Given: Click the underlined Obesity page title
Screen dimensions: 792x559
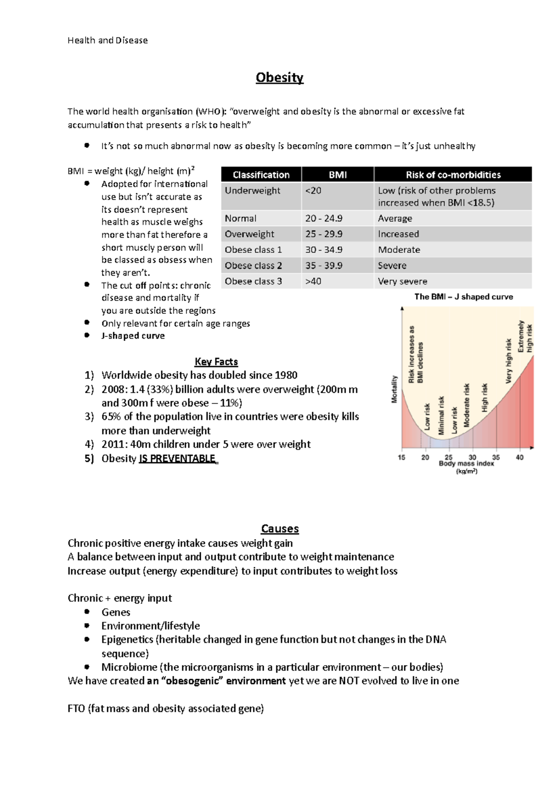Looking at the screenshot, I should pos(279,77).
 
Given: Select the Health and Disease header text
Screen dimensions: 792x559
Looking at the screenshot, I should pos(108,41).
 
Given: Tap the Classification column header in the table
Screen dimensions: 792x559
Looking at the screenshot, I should pos(261,175).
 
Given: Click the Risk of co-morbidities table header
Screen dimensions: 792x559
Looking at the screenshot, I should pos(453,175).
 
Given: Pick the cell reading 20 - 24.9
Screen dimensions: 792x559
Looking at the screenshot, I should pos(324,218).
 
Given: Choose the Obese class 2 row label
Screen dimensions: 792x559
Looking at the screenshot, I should pos(253,265).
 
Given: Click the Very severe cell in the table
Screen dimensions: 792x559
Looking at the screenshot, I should pos(402,281).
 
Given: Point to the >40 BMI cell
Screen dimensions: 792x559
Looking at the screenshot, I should pos(313,281).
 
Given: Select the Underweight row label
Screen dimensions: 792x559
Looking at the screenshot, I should pos(252,190).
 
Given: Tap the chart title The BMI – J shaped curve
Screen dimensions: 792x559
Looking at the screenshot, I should pos(464,297).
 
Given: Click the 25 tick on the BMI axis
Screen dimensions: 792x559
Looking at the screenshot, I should pos(449,458).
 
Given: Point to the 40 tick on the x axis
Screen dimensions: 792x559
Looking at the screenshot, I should pos(519,458).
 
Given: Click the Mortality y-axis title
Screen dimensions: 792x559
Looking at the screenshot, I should pos(394,389).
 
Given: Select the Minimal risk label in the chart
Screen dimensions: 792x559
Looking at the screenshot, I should pos(441,415).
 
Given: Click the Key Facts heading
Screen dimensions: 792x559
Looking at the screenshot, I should pos(216,361).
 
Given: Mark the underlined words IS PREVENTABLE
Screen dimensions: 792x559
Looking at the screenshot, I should pos(177,459).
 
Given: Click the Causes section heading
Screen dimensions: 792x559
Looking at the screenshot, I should pos(279,528).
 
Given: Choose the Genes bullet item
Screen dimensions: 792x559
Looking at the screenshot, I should pos(116,612).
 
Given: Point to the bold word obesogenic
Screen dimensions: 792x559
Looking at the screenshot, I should pos(192,681).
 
